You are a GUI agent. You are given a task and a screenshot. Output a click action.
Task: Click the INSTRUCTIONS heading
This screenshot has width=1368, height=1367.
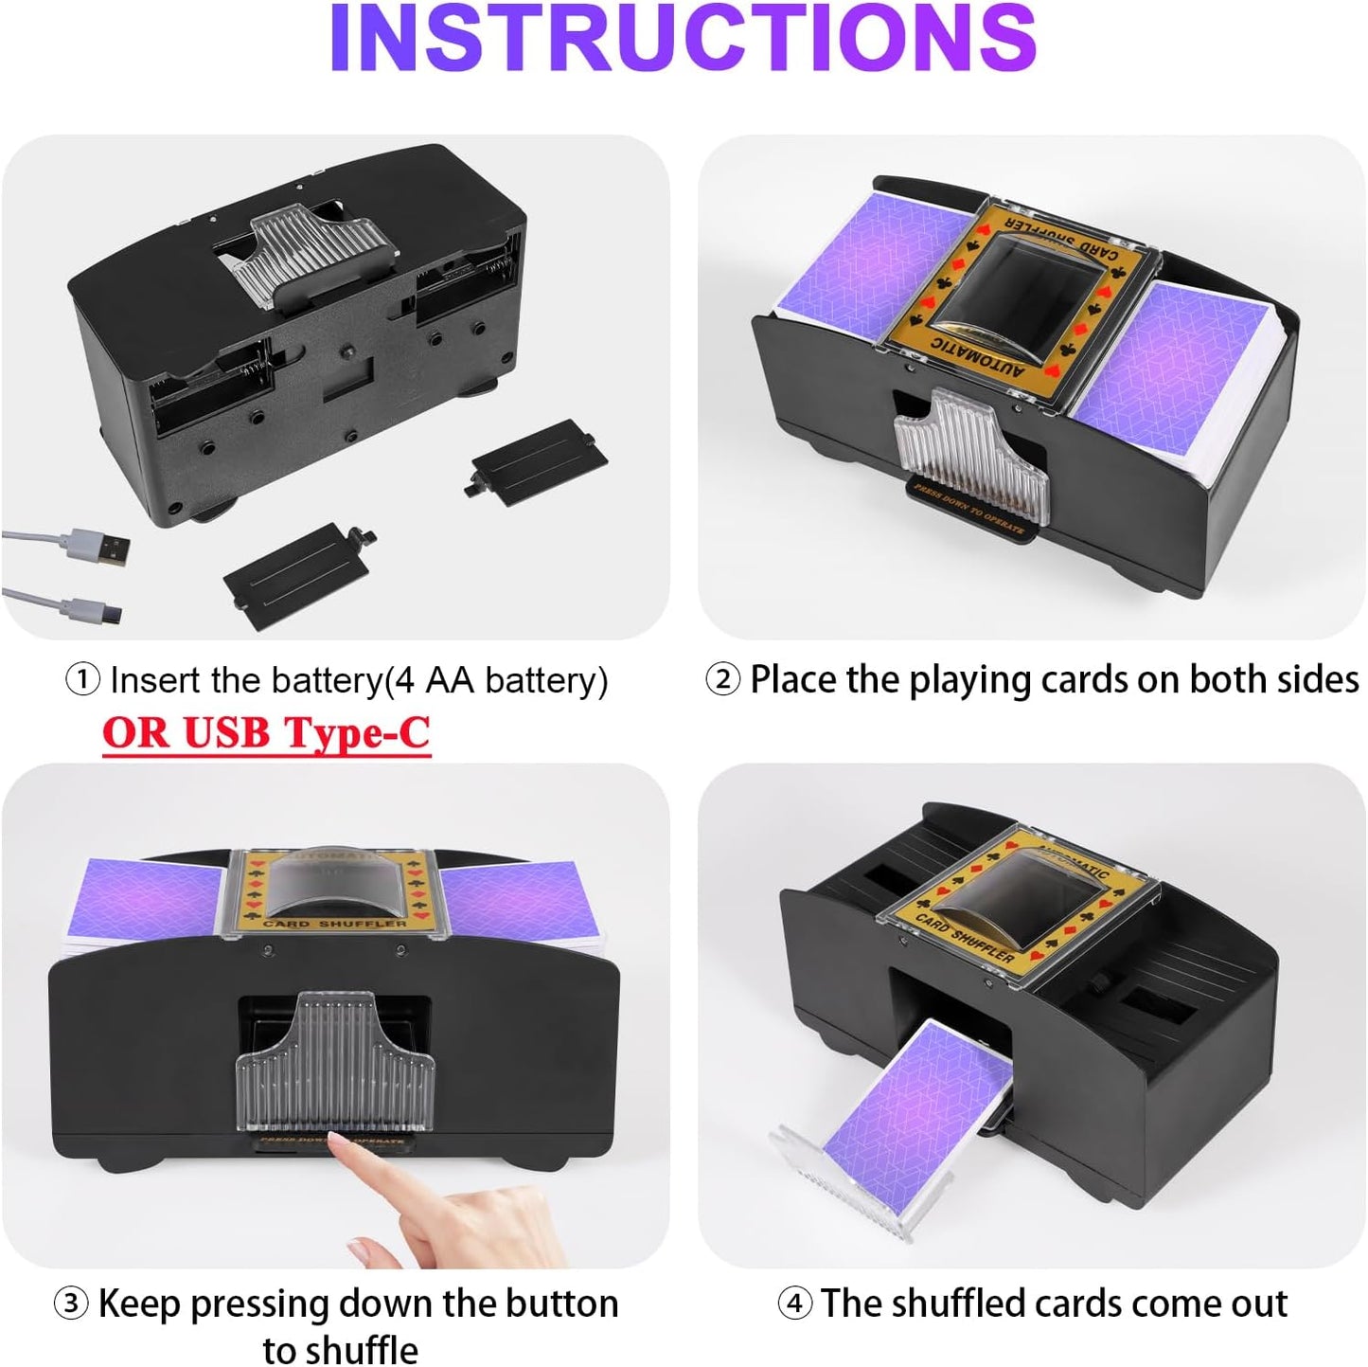pos(683,40)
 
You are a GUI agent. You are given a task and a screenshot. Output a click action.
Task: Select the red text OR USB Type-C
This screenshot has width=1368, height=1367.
pos(266,733)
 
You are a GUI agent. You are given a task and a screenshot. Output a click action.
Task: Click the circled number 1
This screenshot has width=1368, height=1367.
pos(82,679)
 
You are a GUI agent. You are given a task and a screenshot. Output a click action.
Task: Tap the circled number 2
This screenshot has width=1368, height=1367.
pos(722,679)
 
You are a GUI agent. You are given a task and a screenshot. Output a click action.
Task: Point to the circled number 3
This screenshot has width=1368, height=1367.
pos(71,1304)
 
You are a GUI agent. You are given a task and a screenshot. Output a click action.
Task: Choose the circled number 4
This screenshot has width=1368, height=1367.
pos(794,1304)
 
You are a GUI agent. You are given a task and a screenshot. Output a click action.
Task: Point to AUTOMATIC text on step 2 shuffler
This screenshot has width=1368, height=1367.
pos(977,356)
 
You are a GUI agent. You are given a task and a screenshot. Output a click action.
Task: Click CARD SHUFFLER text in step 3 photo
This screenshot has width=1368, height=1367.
pos(335,923)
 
